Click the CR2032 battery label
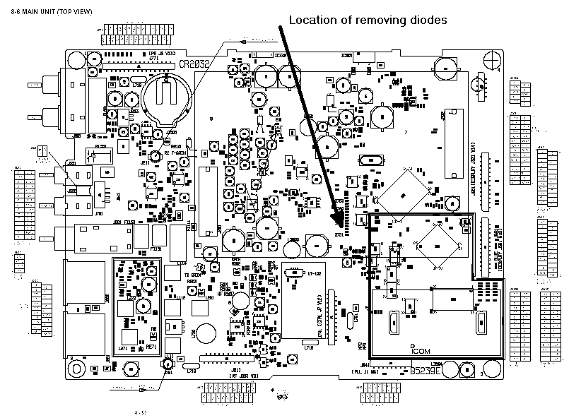[x=194, y=64]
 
